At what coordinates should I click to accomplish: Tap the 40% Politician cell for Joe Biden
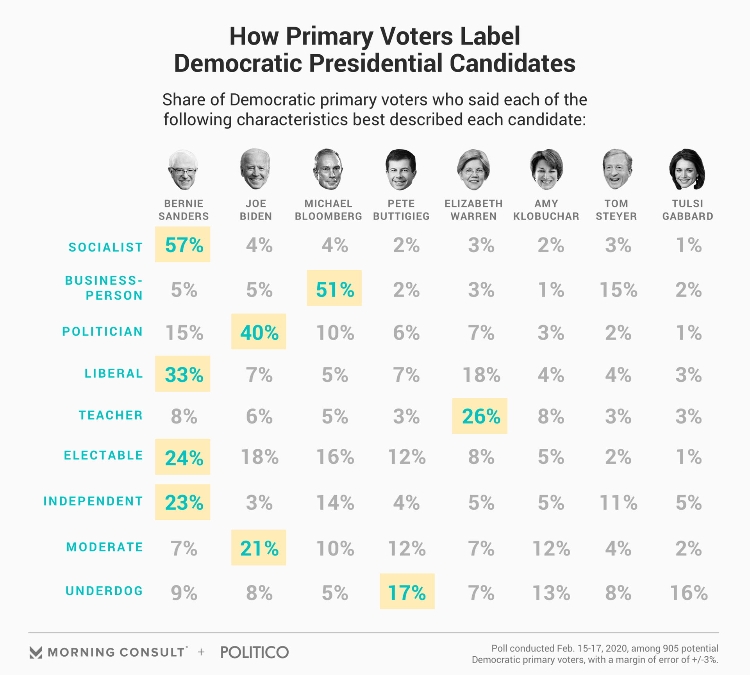(259, 332)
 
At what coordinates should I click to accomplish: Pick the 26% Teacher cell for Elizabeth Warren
(480, 416)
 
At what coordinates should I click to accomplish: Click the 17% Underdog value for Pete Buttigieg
(407, 591)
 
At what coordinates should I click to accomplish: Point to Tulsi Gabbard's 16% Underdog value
(688, 592)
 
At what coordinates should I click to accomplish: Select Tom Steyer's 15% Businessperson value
(618, 289)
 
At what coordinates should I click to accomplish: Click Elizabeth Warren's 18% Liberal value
(481, 374)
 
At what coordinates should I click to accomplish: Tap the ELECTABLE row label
(104, 455)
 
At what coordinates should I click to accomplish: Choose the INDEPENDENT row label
(93, 501)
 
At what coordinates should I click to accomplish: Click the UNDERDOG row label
(104, 591)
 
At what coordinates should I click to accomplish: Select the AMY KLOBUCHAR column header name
(546, 210)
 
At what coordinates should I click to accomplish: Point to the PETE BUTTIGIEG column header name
(401, 210)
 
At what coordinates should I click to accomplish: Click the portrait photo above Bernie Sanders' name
(183, 170)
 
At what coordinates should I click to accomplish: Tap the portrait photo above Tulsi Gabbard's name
(687, 169)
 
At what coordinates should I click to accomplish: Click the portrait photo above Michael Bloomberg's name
(328, 169)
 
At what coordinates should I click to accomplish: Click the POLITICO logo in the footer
(254, 652)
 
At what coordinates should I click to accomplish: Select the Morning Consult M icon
(36, 652)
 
